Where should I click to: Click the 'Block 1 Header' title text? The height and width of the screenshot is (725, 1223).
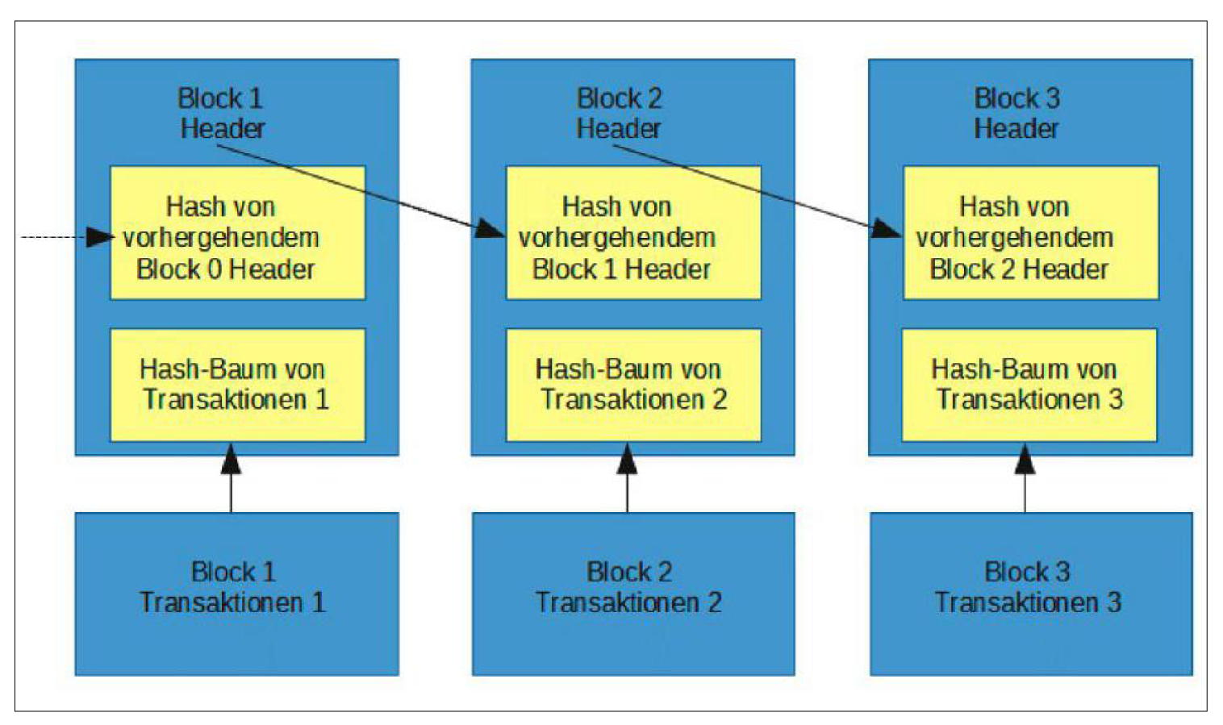tap(221, 113)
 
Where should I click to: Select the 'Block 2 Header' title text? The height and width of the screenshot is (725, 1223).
tap(619, 113)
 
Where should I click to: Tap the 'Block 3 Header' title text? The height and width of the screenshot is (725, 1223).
tap(1016, 113)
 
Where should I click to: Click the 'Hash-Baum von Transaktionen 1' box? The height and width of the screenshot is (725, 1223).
tap(237, 385)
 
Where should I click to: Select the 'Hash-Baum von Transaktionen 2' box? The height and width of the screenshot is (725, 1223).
tap(633, 385)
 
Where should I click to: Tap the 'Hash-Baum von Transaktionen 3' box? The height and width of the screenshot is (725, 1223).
tap(1029, 385)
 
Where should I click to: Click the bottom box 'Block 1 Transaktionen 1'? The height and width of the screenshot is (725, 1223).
tap(236, 594)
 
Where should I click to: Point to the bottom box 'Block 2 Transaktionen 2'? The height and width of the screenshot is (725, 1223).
tap(633, 594)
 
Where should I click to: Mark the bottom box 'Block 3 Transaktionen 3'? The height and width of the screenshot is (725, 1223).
tap(1030, 594)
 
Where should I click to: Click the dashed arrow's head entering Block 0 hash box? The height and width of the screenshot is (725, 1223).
tap(99, 237)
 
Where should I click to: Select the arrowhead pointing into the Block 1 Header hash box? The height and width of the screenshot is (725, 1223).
tap(490, 229)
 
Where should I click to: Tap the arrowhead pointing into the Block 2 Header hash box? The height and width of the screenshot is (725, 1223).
tap(886, 230)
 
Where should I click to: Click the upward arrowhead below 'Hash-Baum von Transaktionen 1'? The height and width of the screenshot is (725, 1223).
tap(231, 459)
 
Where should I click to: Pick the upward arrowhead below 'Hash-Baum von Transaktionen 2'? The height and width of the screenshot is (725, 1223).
tap(627, 459)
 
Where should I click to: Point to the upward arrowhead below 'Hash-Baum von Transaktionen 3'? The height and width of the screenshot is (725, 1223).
tap(1025, 459)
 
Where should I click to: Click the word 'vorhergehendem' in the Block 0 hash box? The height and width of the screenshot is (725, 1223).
tap(221, 238)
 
